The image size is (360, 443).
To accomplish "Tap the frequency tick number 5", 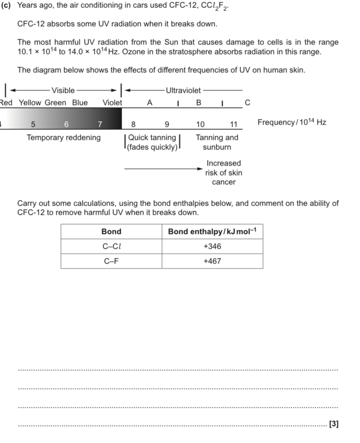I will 33,124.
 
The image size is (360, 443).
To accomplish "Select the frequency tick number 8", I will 134,124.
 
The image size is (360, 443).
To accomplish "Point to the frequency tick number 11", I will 234,124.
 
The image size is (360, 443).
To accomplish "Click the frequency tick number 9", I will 166,124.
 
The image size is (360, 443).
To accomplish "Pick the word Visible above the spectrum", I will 63,91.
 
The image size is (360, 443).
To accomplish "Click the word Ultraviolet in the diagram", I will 183,91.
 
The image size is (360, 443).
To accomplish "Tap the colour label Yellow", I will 30,103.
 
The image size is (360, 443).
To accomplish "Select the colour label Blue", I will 80,103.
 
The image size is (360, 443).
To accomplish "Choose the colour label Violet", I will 112,103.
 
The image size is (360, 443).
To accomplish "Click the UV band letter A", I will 149,103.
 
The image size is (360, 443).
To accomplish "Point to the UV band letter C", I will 248,103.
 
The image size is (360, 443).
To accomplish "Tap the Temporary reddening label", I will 64,138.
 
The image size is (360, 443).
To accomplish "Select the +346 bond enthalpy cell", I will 212,247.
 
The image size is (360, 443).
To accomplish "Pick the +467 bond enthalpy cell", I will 212,261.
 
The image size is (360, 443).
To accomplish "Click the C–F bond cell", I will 111,261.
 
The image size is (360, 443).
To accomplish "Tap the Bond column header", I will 111,232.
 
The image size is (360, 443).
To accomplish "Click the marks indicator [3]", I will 334,423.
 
